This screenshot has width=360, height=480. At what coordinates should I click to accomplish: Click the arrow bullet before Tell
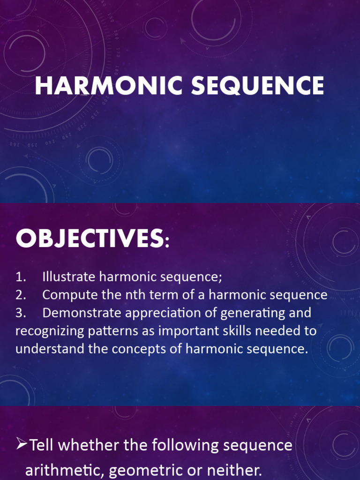click(x=22, y=445)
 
